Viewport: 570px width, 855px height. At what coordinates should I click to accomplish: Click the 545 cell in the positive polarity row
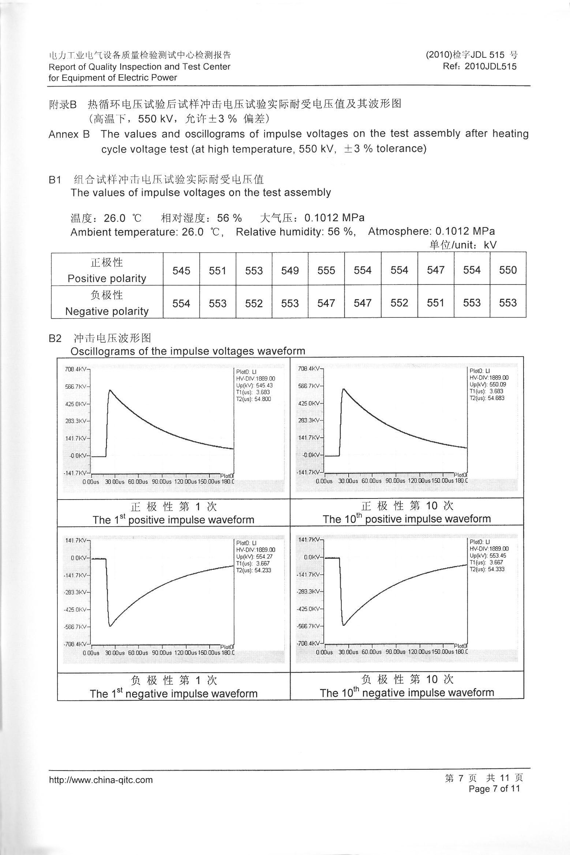pyautogui.click(x=181, y=271)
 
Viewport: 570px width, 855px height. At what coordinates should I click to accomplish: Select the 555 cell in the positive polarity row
pyautogui.click(x=326, y=271)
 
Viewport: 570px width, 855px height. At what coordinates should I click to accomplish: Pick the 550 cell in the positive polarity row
pyautogui.click(x=508, y=270)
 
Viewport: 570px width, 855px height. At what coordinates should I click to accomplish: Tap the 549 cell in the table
pyautogui.click(x=290, y=271)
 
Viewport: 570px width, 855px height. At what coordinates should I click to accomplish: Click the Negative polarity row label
pyautogui.click(x=107, y=311)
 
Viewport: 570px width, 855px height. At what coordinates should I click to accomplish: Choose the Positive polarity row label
pyautogui.click(x=107, y=279)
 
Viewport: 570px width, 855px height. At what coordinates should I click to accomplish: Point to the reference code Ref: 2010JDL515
pyautogui.click(x=480, y=66)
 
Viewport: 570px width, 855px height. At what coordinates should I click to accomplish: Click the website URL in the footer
pyautogui.click(x=101, y=780)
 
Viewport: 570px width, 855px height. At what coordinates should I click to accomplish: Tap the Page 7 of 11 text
pyautogui.click(x=494, y=788)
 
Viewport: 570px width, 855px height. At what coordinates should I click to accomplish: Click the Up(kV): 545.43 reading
pyautogui.click(x=254, y=385)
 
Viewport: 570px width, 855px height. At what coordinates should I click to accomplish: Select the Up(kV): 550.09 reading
pyautogui.click(x=488, y=384)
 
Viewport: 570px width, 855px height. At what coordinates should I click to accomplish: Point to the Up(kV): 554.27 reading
pyautogui.click(x=254, y=557)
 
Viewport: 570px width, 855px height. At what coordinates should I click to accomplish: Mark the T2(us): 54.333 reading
pyautogui.click(x=487, y=569)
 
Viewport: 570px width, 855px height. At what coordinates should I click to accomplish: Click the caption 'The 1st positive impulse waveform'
pyautogui.click(x=173, y=520)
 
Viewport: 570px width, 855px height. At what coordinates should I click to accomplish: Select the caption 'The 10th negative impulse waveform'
pyautogui.click(x=407, y=693)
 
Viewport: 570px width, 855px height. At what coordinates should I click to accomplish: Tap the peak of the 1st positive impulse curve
pyautogui.click(x=110, y=391)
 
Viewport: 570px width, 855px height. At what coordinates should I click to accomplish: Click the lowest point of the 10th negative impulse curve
pyautogui.click(x=343, y=625)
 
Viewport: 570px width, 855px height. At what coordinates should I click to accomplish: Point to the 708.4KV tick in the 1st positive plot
pyautogui.click(x=76, y=369)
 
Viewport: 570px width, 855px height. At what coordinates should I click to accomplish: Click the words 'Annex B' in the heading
pyautogui.click(x=69, y=134)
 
